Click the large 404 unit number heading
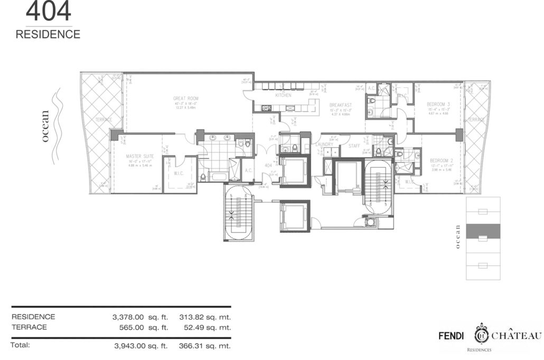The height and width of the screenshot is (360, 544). [48, 11]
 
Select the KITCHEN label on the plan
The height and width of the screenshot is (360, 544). [283, 96]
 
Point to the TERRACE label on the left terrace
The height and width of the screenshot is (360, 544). [104, 120]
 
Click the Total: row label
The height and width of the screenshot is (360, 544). [20, 345]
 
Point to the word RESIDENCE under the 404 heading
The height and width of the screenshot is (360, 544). [48, 35]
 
